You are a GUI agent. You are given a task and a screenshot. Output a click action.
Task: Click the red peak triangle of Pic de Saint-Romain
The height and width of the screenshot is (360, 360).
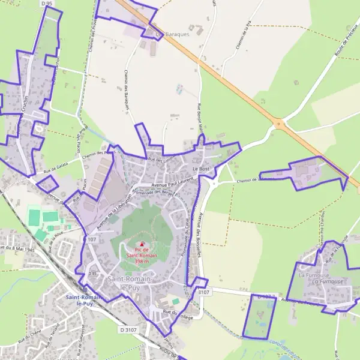coord(142,244)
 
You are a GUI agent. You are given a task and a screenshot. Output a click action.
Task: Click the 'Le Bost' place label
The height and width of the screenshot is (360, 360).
coord(200,170)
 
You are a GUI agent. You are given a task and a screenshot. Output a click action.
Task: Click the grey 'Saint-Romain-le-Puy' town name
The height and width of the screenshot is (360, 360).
coord(130,284)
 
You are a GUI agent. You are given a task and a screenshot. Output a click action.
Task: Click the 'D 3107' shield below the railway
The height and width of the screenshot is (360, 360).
coord(128,329)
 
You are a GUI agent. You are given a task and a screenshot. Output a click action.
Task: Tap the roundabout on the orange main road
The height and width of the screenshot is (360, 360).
coord(278,124)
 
